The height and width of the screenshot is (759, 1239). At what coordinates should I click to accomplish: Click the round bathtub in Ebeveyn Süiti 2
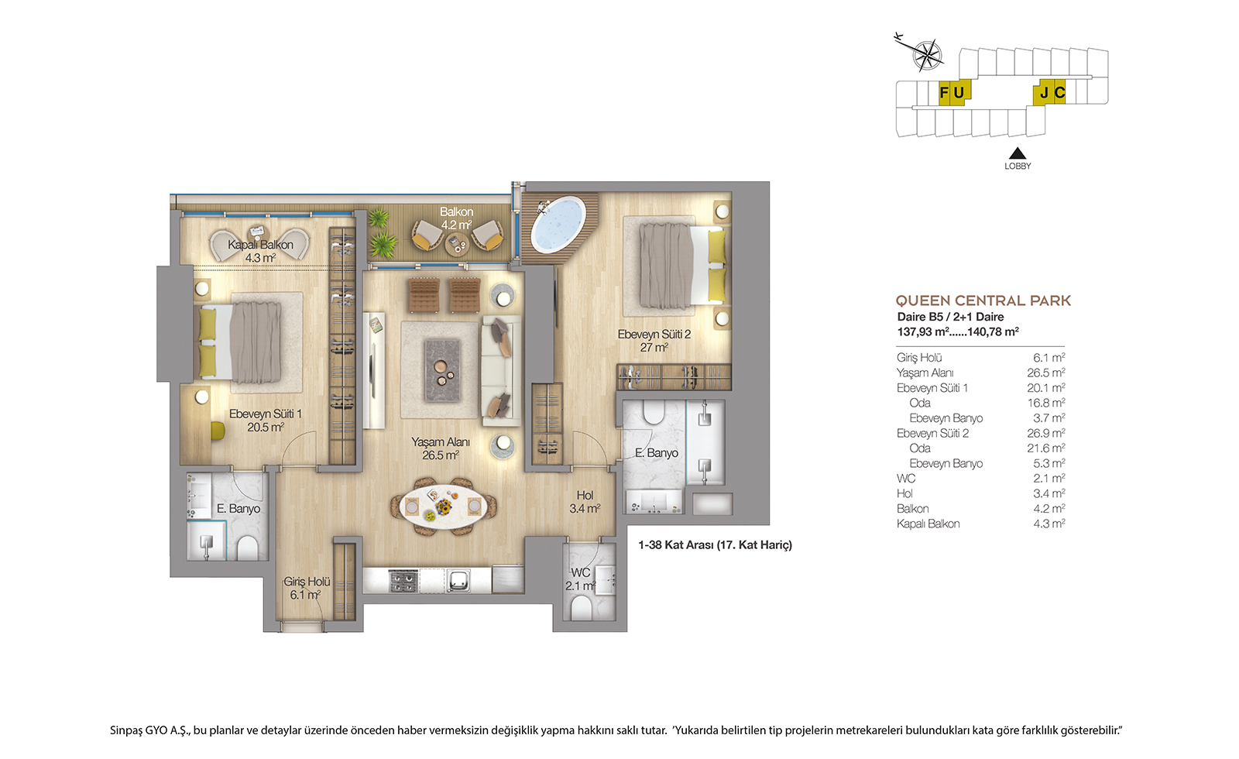[558, 225]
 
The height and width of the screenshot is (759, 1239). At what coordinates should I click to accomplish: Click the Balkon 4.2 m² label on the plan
[456, 218]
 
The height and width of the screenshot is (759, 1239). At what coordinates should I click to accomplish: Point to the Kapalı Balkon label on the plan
[260, 245]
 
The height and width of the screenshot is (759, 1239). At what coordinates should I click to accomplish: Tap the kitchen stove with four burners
[403, 580]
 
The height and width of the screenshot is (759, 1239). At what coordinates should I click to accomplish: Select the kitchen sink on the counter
[458, 580]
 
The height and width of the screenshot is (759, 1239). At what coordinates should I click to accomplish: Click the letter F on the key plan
[944, 92]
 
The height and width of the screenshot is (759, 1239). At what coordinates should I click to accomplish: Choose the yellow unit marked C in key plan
[1059, 92]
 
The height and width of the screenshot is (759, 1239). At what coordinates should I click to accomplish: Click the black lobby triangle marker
[1018, 153]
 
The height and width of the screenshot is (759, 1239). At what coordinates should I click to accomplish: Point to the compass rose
[927, 55]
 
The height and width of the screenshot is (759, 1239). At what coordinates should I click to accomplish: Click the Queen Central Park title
[983, 301]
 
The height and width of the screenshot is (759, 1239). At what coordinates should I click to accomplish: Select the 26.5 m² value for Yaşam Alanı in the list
[1046, 373]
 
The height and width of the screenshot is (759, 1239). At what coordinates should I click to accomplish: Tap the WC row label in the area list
[906, 479]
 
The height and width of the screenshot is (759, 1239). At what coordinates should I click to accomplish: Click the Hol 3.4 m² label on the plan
[585, 502]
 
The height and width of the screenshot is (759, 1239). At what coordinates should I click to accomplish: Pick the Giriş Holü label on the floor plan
[307, 582]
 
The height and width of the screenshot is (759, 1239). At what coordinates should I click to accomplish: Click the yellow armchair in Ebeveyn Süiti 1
[218, 431]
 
